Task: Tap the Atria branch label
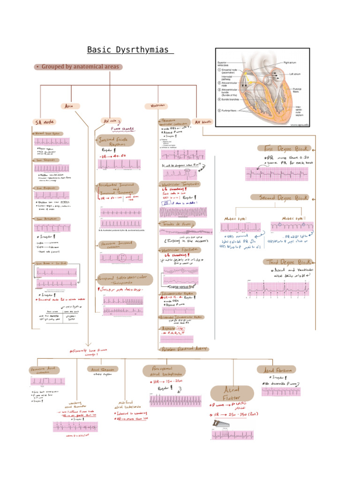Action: (70, 106)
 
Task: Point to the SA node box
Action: (45, 122)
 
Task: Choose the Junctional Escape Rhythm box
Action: (115, 141)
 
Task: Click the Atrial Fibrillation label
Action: (277, 370)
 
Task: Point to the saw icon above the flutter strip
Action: (219, 424)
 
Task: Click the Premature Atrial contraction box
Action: (45, 370)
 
